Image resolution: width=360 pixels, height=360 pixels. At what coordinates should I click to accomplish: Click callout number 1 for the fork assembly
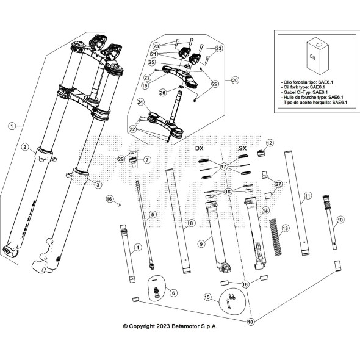tap(11, 126)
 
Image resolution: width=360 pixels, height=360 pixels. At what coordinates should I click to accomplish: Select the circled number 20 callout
tap(235, 80)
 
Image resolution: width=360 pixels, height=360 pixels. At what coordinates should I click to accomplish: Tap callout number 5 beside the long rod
tap(153, 214)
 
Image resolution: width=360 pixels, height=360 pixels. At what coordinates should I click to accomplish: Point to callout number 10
tap(340, 219)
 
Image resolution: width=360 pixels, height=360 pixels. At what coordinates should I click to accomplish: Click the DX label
tap(199, 148)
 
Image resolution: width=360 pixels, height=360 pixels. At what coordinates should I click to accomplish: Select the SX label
tap(242, 148)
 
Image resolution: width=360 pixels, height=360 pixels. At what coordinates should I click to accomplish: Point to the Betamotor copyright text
tap(170, 326)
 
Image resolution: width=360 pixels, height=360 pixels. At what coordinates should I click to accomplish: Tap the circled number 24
tap(141, 103)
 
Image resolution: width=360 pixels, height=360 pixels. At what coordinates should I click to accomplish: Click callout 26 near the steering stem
tap(162, 93)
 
